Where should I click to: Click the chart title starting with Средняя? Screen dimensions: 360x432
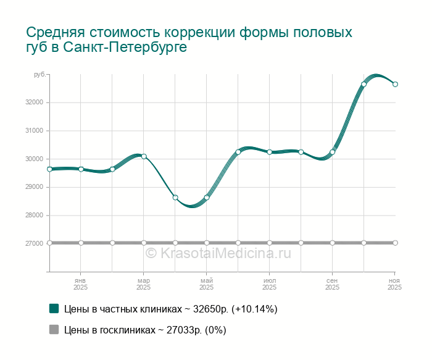tap(189, 40)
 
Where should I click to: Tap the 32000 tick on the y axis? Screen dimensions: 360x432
tap(34, 103)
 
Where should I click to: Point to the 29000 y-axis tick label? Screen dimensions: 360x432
tap(34, 187)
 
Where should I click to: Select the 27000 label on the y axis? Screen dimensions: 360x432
tap(34, 243)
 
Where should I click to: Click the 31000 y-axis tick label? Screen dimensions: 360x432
tap(34, 131)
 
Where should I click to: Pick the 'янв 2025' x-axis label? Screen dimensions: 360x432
tap(80, 284)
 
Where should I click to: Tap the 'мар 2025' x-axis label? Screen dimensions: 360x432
tap(143, 284)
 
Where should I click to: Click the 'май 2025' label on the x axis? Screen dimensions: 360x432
tap(206, 284)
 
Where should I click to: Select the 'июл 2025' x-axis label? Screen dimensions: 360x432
tap(269, 284)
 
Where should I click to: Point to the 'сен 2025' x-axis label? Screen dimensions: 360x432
tap(332, 284)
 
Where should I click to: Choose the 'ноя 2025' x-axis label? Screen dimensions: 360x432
tap(394, 284)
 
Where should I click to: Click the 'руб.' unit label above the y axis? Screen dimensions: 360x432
tap(39, 75)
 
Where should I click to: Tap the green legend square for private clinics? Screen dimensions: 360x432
tap(54, 309)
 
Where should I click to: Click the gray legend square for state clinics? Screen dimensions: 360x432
tap(54, 330)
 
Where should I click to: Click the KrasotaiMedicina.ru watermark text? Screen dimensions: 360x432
tap(217, 253)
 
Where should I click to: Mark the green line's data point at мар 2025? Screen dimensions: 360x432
tap(144, 156)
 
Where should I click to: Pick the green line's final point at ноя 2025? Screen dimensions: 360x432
tap(395, 84)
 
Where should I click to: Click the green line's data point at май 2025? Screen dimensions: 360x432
tap(207, 198)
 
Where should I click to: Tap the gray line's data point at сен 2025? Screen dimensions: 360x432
tap(333, 243)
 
